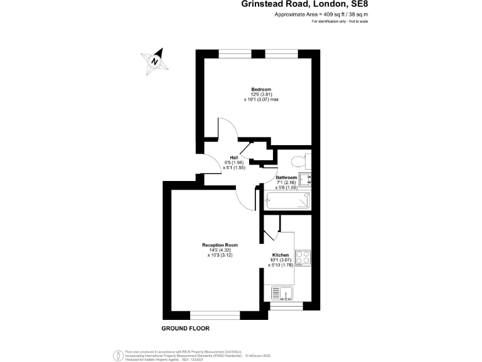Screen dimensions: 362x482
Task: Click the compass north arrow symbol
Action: point(155,60)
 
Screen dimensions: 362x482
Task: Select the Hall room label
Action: point(233,157)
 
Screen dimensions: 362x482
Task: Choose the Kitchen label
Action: point(280,255)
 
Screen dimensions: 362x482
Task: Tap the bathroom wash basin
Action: point(305,180)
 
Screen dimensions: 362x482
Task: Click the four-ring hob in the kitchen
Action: point(304,258)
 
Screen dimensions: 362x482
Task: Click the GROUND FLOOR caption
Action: point(185,329)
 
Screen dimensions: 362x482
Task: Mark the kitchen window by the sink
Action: point(286,306)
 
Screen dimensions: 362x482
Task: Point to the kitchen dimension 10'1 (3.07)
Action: point(280,260)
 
